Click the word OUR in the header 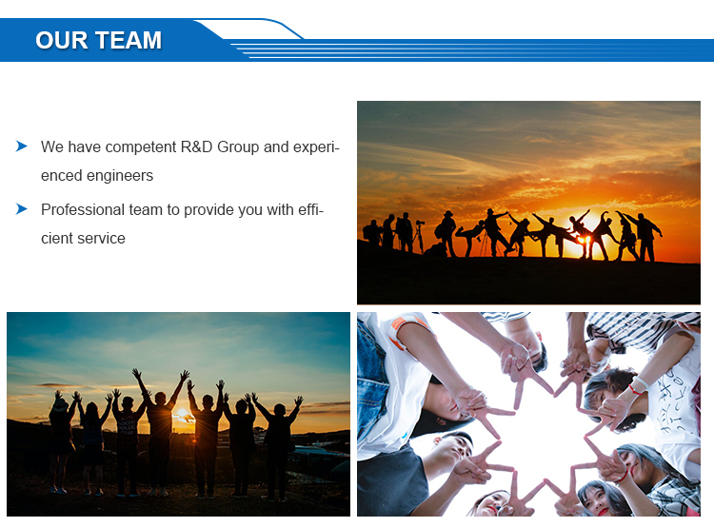coord(62,40)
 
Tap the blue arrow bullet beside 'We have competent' coord(21,146)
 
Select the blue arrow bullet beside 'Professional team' coord(21,209)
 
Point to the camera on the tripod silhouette coord(420,223)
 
